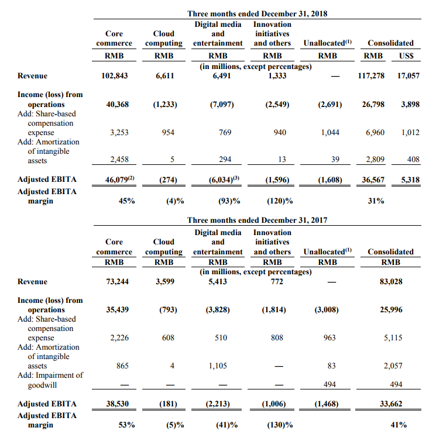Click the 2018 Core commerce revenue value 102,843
tap(114, 75)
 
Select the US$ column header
tap(406, 56)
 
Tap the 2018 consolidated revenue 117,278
tap(371, 75)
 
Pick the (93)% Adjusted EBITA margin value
tap(229, 201)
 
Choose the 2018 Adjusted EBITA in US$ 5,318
tap(410, 180)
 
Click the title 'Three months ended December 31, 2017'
tap(257, 220)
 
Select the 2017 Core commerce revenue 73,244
tap(117, 281)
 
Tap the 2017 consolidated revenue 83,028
tap(391, 281)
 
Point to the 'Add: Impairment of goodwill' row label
tap(50, 380)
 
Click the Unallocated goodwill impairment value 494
tap(329, 384)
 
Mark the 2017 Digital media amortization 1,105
tap(218, 365)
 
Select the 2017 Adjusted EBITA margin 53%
tap(126, 425)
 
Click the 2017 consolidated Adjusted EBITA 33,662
tap(391, 403)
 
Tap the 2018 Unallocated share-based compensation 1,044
tap(330, 132)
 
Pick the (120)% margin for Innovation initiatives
tap(280, 201)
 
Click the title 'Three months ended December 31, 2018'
tap(257, 13)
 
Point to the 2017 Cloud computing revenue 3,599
tap(165, 281)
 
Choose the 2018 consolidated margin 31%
tap(376, 201)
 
